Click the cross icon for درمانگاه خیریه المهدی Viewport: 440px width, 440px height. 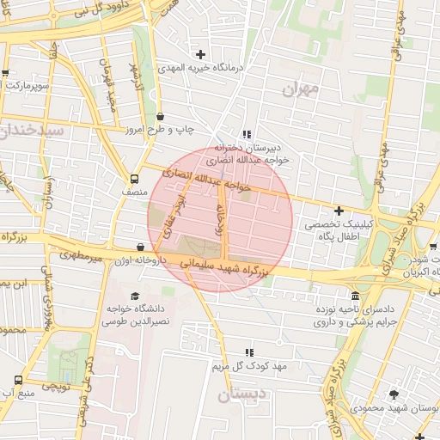tap(200, 54)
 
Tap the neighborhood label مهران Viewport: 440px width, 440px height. tap(299, 89)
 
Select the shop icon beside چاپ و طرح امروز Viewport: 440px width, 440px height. tap(161, 117)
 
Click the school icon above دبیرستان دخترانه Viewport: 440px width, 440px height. tap(247, 134)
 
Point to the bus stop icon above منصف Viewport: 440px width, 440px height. tap(134, 179)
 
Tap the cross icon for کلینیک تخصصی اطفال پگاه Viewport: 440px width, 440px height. tap(339, 211)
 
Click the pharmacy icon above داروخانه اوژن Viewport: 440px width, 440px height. tap(141, 247)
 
